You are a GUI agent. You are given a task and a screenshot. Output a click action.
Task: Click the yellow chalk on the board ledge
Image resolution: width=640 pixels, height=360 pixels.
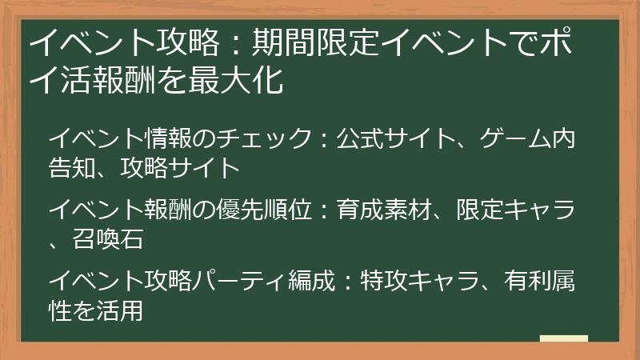coord(564,339)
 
